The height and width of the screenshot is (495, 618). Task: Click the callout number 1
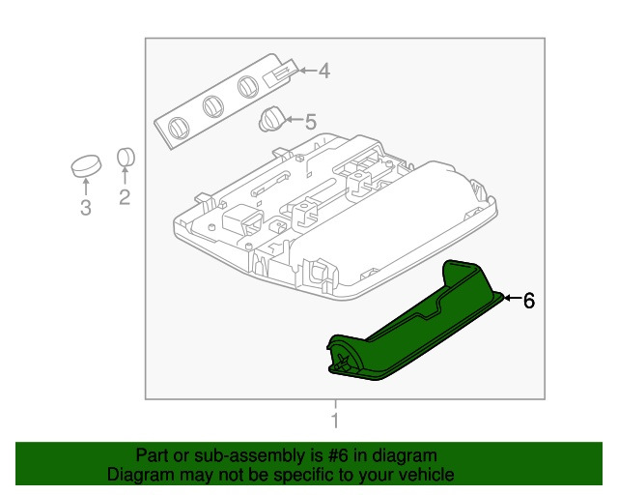click(x=335, y=422)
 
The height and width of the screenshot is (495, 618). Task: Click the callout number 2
click(x=125, y=198)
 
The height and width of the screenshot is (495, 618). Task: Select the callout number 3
click(x=85, y=208)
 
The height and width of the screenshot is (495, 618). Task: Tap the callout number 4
click(x=323, y=70)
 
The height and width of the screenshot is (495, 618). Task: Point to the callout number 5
click(x=310, y=123)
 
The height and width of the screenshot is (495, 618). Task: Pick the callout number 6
click(x=527, y=301)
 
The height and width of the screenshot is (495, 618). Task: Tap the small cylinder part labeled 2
click(x=126, y=158)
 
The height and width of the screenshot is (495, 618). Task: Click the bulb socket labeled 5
click(x=272, y=120)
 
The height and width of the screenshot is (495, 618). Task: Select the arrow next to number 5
click(x=293, y=122)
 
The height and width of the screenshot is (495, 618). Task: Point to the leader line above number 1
click(x=335, y=406)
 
